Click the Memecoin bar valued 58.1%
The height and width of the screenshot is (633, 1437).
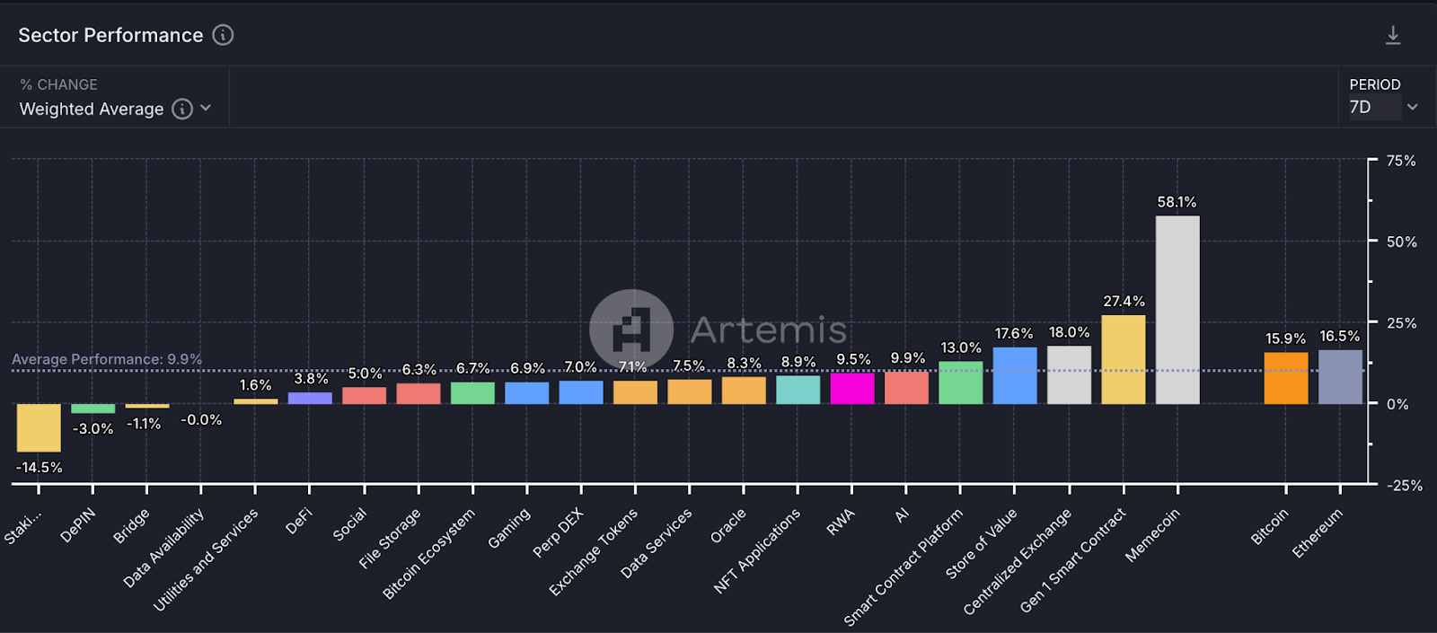[x=1177, y=310]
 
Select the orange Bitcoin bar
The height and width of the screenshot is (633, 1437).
[x=1286, y=378]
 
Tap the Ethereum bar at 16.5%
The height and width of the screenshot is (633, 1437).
[x=1340, y=377]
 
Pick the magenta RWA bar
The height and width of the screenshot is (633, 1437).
[x=852, y=389]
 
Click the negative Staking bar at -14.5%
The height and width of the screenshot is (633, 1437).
[x=39, y=427]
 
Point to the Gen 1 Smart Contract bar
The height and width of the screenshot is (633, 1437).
[x=1124, y=359]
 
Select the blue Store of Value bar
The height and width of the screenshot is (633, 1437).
[x=1015, y=375]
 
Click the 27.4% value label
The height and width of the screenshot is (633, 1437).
[x=1124, y=302]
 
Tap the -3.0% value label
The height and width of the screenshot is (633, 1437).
[x=93, y=429]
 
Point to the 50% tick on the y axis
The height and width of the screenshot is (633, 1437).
[x=1401, y=242]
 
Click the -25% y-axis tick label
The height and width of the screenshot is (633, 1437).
[x=1405, y=486]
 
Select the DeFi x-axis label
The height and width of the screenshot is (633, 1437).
[x=298, y=521]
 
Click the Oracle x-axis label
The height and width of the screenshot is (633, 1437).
[x=727, y=526]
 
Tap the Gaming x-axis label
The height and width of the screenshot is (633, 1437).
[x=509, y=528]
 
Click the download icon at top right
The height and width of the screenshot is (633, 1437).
[x=1393, y=35]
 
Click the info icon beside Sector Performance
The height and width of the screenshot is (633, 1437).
[x=223, y=35]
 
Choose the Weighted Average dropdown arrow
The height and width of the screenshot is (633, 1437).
[x=206, y=109]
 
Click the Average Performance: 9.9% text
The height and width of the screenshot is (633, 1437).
[x=107, y=359]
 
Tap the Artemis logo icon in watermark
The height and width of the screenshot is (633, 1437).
[x=631, y=330]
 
